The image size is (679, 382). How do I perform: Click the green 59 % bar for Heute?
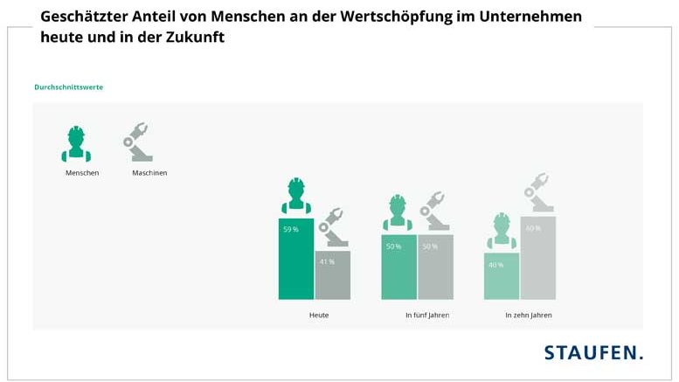[295, 260]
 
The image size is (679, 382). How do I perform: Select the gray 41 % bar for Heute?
[332, 275]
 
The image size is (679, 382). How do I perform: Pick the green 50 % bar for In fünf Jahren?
[398, 267]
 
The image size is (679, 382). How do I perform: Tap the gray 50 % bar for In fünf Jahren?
[435, 267]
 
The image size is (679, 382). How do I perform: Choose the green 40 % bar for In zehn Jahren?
[502, 276]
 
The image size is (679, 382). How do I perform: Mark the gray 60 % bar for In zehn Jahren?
[537, 258]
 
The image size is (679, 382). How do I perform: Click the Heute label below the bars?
[318, 315]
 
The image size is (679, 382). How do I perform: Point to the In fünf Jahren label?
[426, 315]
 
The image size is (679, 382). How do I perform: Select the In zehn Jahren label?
[529, 315]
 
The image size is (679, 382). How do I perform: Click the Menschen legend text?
[82, 173]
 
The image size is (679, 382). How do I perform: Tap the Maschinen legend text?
[149, 173]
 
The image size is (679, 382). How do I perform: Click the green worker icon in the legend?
[77, 144]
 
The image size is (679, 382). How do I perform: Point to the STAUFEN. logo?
[593, 352]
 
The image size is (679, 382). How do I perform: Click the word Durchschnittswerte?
[69, 87]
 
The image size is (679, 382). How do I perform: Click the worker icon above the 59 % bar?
[295, 197]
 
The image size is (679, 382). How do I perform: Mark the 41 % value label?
[327, 262]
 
